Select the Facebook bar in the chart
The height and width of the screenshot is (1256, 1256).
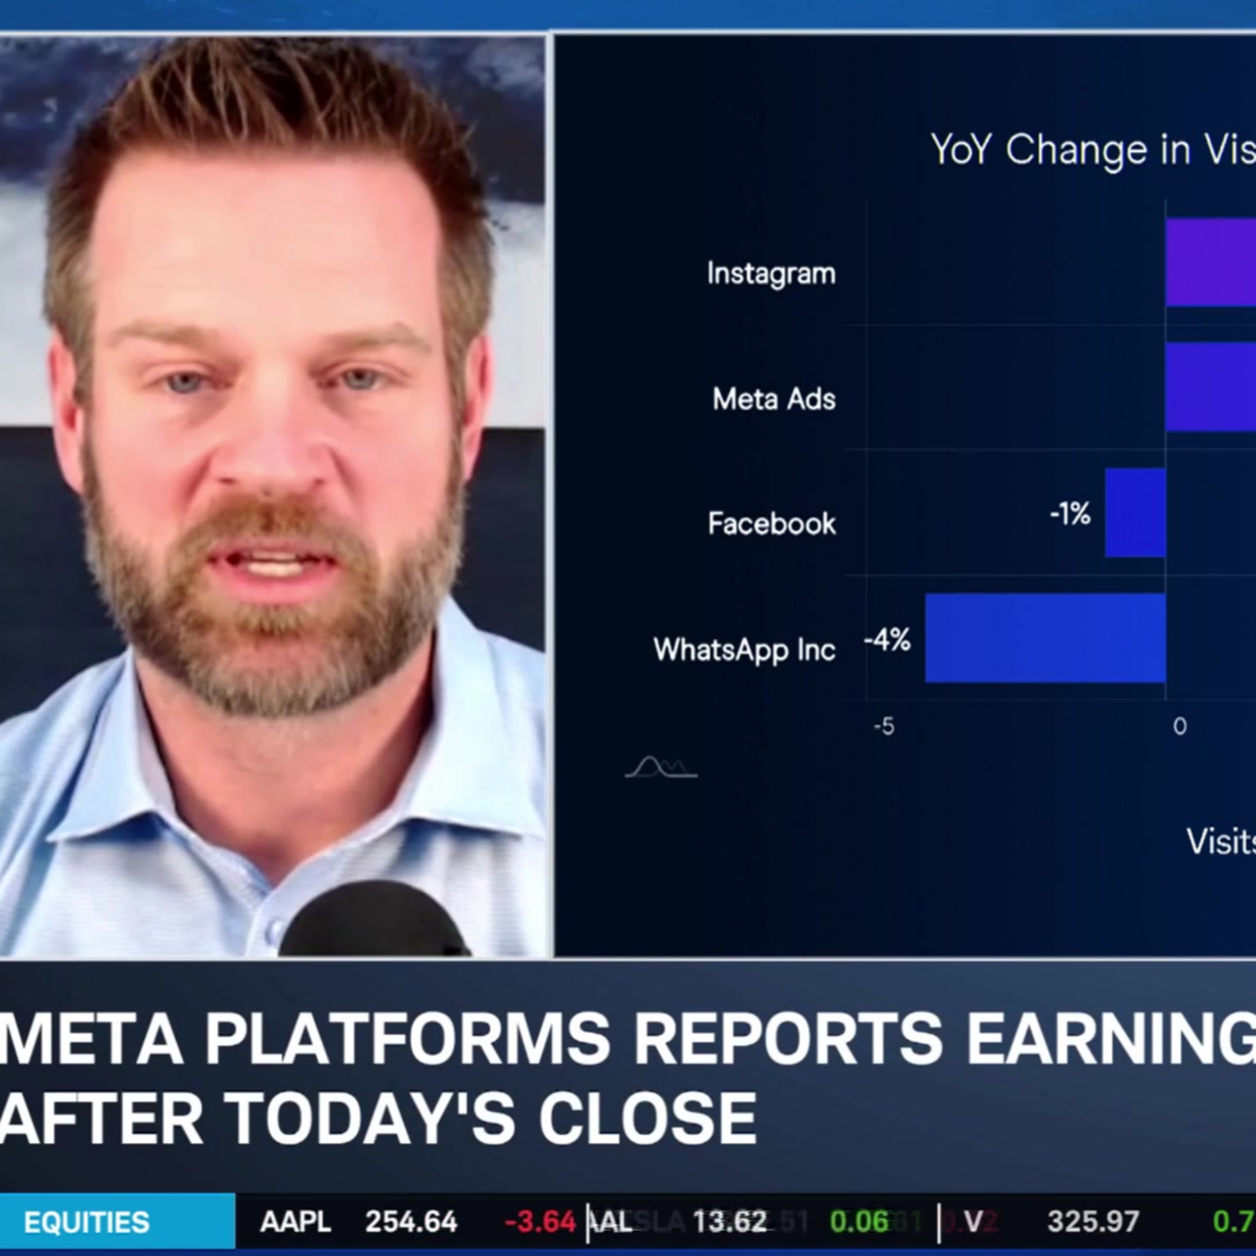click(x=1135, y=512)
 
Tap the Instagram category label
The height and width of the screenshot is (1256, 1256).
click(x=771, y=273)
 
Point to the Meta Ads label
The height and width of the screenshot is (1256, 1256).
click(x=774, y=399)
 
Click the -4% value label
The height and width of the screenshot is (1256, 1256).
click(x=887, y=641)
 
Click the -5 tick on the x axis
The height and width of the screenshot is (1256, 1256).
click(x=884, y=726)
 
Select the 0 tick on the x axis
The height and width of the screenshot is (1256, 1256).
click(x=1179, y=726)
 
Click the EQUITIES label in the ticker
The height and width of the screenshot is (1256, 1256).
click(x=87, y=1222)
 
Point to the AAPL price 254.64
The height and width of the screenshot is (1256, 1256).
click(x=411, y=1222)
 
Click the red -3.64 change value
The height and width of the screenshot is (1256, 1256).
click(x=540, y=1222)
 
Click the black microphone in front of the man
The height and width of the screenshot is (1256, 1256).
click(x=374, y=923)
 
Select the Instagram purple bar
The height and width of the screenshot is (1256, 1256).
click(x=1210, y=262)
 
